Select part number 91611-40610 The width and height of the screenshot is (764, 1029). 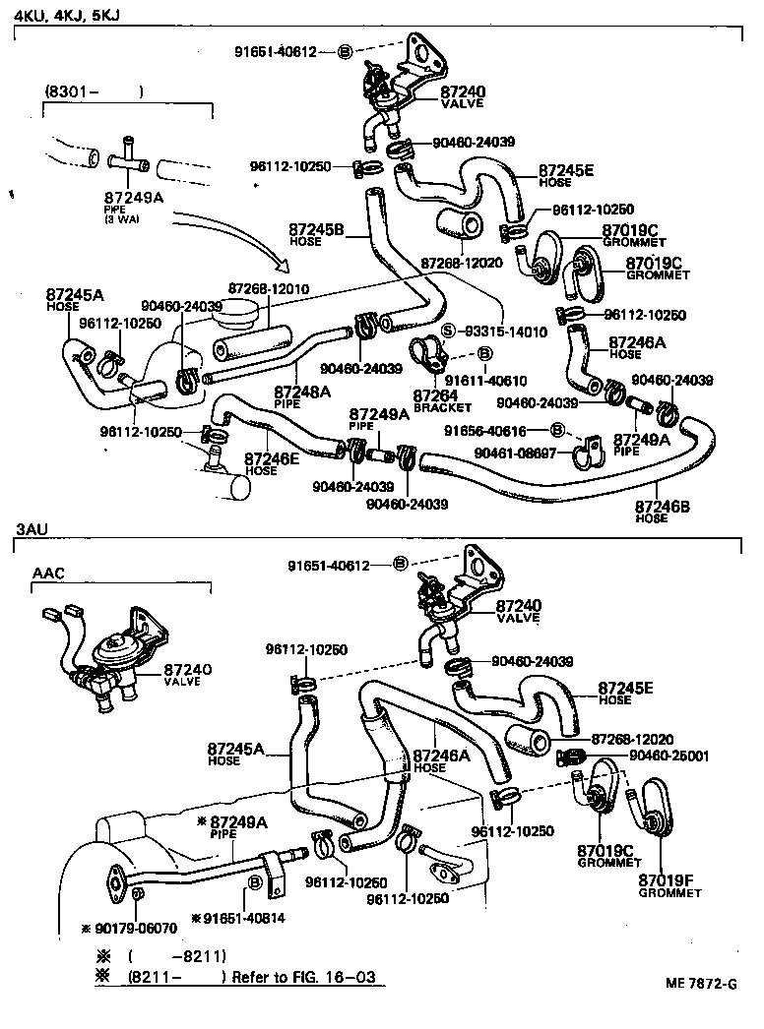coord(485,380)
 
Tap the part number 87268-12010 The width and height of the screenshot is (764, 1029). coord(269,288)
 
